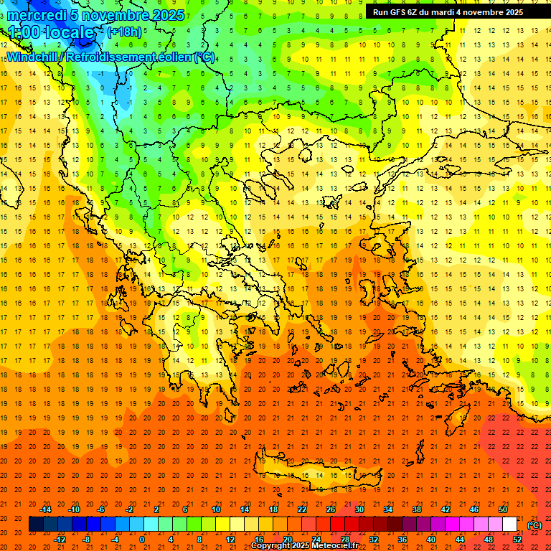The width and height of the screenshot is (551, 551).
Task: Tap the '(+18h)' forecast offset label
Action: point(124,32)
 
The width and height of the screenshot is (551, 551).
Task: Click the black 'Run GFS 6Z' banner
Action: point(448,12)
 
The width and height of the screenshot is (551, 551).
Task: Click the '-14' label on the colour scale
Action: point(45,509)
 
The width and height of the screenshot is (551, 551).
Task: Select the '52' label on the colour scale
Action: point(517,540)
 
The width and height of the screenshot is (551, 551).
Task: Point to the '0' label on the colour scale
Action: point(141,540)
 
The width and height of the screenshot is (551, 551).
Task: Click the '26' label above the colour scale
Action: point(331,509)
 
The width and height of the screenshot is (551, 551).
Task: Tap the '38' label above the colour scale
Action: point(416,509)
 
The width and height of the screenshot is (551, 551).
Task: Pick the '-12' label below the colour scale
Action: point(60,540)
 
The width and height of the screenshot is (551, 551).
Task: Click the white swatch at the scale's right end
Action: point(509,524)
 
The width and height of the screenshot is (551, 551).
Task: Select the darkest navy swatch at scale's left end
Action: point(36,524)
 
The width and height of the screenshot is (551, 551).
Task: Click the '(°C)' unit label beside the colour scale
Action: point(534,524)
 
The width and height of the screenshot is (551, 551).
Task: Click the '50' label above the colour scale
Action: point(502,509)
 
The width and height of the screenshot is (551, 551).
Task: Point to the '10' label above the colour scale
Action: point(216,509)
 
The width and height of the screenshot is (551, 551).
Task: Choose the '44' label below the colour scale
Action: point(459,540)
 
